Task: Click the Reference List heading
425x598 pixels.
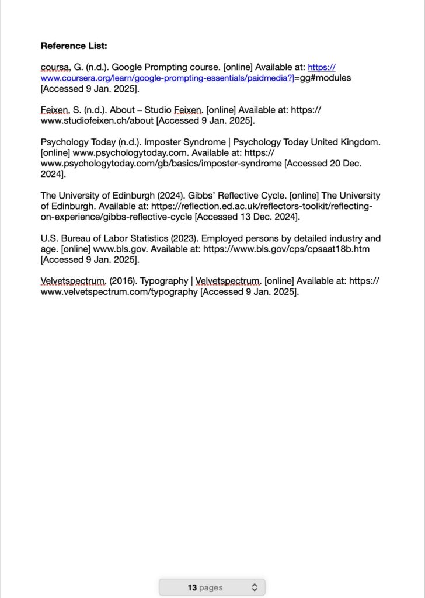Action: click(x=74, y=46)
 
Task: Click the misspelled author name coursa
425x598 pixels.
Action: click(x=54, y=68)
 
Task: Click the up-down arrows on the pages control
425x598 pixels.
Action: click(x=255, y=587)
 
